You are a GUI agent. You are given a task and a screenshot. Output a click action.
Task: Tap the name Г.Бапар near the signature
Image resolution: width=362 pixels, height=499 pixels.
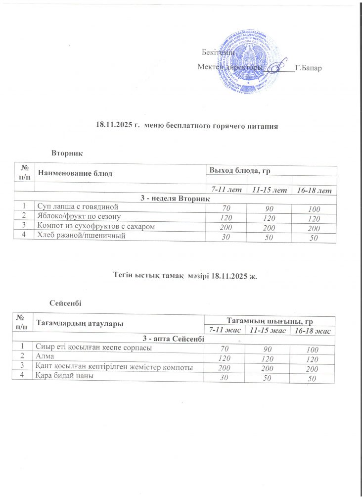click(308, 67)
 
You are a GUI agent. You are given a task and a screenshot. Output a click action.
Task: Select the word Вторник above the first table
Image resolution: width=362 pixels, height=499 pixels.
click(66, 154)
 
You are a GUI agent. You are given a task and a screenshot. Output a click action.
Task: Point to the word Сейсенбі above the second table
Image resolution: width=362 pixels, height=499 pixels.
click(66, 302)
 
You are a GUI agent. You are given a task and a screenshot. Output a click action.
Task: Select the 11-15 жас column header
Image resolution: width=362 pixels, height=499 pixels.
click(267, 330)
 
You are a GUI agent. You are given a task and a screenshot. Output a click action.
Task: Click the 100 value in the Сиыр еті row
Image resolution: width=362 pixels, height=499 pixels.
click(312, 350)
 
